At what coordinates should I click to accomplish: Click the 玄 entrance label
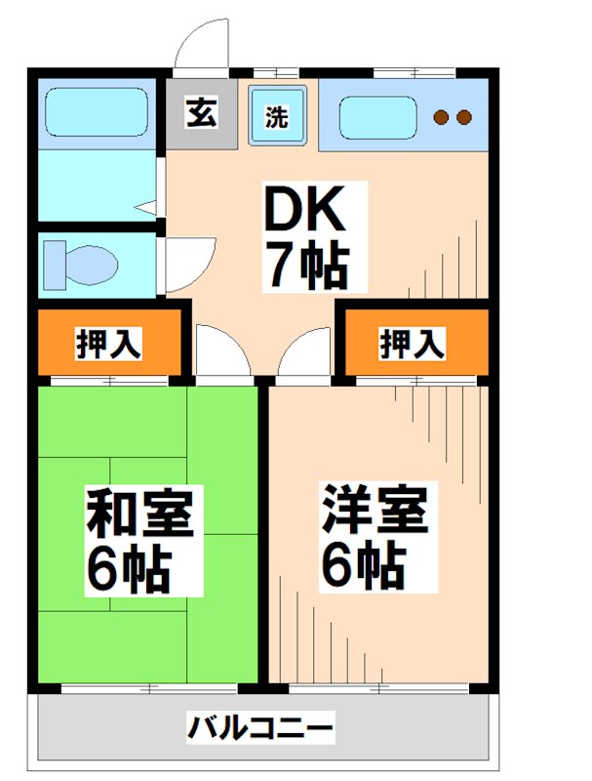(201, 113)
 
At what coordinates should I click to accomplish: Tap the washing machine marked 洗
(278, 117)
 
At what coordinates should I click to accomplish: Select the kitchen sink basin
(375, 118)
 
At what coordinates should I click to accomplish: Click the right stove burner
(463, 118)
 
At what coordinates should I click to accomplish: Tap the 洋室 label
(376, 510)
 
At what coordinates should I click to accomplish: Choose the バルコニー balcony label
(260, 727)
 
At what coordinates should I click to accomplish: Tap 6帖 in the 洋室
(363, 563)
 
